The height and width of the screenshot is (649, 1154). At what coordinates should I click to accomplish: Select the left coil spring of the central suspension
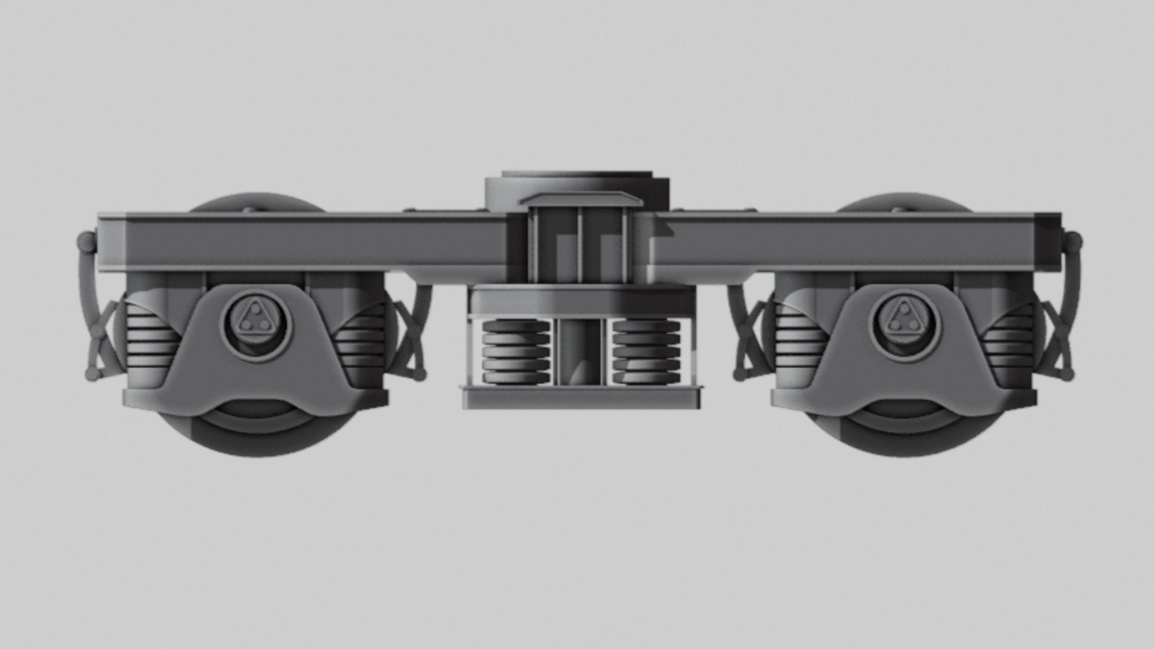click(516, 352)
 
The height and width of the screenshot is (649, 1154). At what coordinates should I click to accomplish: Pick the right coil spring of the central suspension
click(646, 352)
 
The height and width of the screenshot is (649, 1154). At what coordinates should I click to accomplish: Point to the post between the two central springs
click(581, 352)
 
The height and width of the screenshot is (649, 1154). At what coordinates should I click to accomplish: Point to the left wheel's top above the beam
click(255, 202)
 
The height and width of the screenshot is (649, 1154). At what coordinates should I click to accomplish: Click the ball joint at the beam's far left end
click(88, 243)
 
